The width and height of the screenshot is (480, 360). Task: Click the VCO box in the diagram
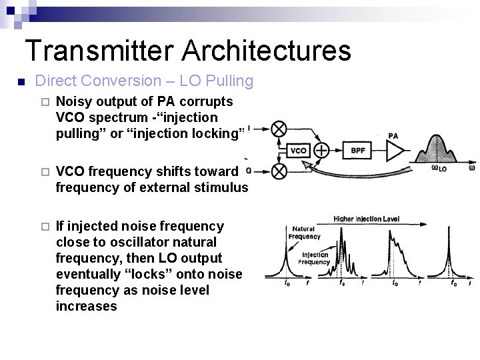pyautogui.click(x=299, y=151)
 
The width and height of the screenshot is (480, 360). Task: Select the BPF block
pyautogui.click(x=357, y=151)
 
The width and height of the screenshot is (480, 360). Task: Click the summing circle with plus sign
pyautogui.click(x=321, y=151)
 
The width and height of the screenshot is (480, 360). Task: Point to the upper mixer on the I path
pyautogui.click(x=279, y=129)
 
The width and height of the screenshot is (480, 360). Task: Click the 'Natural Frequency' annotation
pyautogui.click(x=303, y=232)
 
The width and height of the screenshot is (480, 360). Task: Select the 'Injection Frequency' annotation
pyautogui.click(x=315, y=258)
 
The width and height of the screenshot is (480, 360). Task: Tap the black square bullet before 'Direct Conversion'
pyautogui.click(x=21, y=82)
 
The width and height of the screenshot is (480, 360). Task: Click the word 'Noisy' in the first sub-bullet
pyautogui.click(x=75, y=102)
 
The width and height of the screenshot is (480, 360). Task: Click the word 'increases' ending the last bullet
pyautogui.click(x=87, y=306)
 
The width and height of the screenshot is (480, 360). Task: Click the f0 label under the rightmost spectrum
pyautogui.click(x=454, y=282)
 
